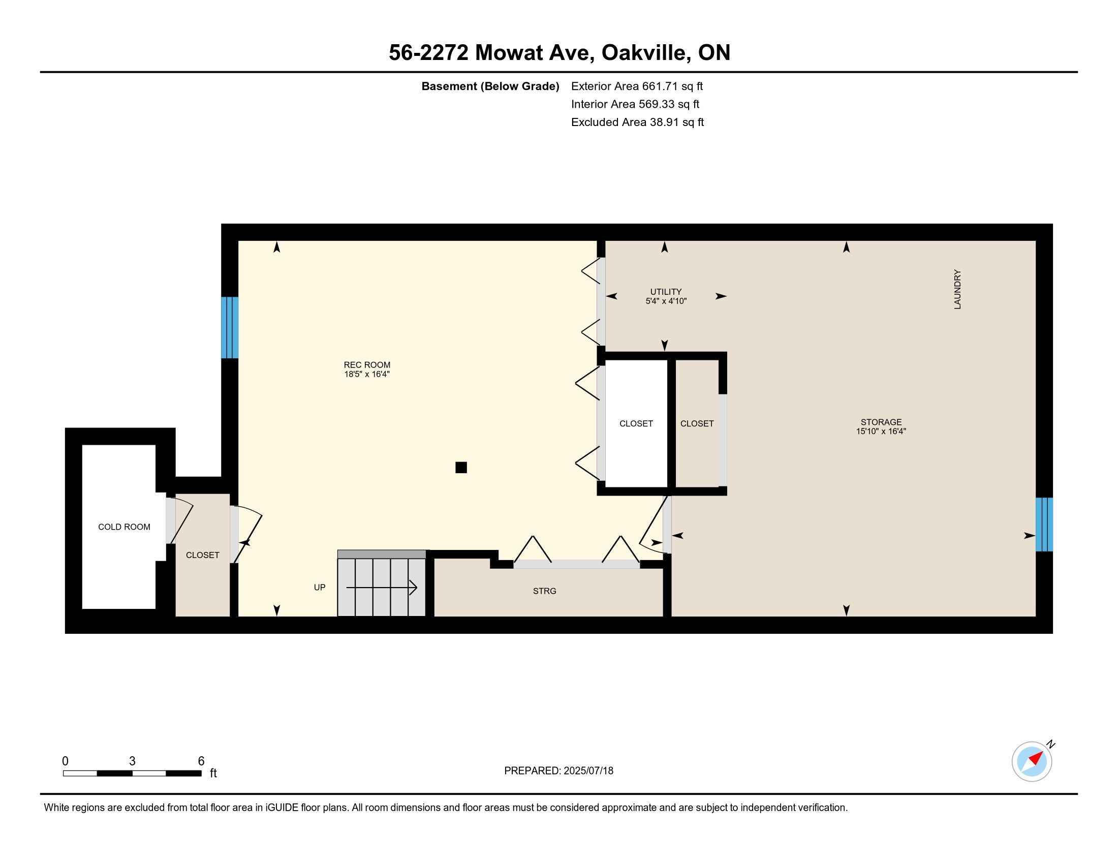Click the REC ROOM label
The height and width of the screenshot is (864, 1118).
tap(366, 365)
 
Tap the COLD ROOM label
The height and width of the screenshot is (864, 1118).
tap(124, 527)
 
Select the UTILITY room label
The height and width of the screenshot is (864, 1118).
tap(666, 292)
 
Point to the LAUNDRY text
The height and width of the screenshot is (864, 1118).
tap(957, 290)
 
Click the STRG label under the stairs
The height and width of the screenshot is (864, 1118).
tap(544, 591)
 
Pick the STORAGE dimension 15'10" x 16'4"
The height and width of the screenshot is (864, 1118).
tap(881, 431)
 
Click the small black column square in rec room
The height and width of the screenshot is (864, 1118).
tap(461, 467)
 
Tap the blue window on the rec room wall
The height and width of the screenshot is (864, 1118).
tap(229, 328)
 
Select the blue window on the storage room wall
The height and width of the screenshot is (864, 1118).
tap(1044, 524)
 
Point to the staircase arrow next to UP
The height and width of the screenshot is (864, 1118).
tap(382, 588)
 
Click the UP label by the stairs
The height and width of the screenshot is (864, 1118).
tap(320, 587)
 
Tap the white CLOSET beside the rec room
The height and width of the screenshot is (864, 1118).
tap(636, 423)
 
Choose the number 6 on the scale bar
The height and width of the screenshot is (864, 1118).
tap(201, 761)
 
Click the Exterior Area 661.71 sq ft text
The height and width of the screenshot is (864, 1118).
tap(637, 86)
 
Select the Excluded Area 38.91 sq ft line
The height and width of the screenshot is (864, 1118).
tap(637, 122)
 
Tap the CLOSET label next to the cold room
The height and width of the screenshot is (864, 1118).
tap(202, 555)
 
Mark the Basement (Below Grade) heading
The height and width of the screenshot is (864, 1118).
tap(490, 86)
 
